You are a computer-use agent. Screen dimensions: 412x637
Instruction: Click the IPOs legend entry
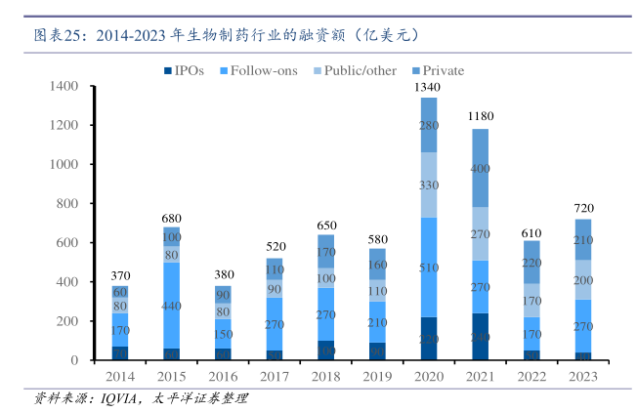(184, 70)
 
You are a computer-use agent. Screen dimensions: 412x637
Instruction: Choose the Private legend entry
(438, 70)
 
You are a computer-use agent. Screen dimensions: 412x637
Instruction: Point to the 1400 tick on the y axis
(64, 87)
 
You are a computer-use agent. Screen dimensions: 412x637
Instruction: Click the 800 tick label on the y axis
(67, 204)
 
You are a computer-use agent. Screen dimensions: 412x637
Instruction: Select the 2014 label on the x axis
(120, 376)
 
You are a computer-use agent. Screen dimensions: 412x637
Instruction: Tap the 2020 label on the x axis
(429, 376)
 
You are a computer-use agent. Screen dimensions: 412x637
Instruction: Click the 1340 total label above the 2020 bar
(429, 88)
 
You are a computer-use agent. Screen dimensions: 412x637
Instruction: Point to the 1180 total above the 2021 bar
(481, 117)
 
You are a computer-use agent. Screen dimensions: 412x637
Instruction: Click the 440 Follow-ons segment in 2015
(172, 306)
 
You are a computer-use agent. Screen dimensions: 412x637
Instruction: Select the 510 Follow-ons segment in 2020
(429, 268)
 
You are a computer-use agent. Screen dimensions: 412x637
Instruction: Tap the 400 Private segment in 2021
(481, 168)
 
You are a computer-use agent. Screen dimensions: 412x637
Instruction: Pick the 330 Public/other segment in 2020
(429, 185)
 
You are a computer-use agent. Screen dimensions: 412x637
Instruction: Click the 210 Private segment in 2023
(583, 239)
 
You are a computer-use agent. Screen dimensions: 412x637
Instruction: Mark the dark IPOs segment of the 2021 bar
(481, 337)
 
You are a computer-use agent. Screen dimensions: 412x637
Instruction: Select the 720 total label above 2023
(583, 209)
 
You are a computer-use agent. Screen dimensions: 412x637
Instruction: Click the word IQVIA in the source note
(110, 398)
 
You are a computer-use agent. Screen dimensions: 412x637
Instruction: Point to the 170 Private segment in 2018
(326, 251)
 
